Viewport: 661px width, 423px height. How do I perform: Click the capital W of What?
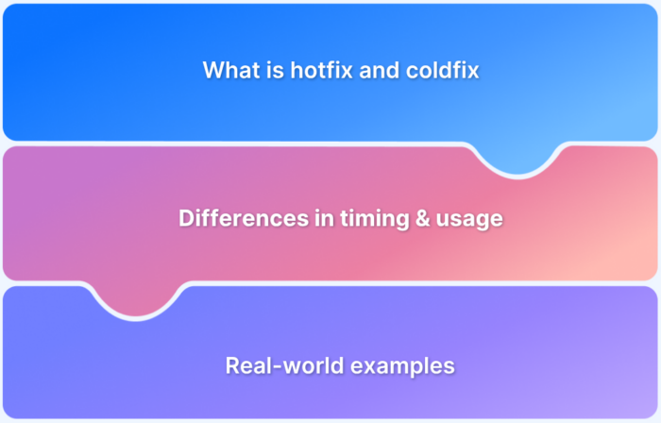click(213, 70)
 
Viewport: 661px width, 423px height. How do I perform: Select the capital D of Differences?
click(185, 218)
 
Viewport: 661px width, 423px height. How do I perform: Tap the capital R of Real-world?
click(232, 366)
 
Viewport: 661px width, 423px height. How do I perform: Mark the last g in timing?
click(381, 220)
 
